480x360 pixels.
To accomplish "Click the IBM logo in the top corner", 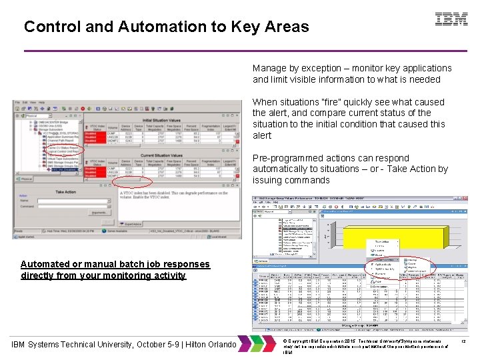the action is coord(451,19).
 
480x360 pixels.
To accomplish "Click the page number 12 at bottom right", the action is coord(463,341).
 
